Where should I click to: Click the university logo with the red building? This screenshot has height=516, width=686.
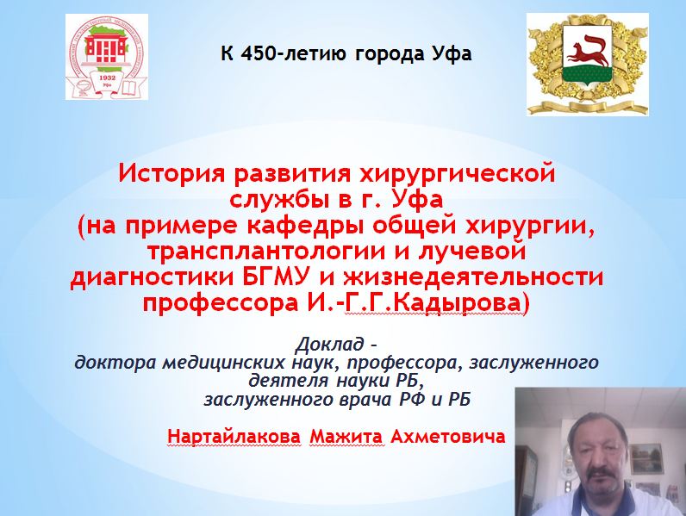click(107, 56)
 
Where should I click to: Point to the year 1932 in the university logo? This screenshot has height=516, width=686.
click(107, 78)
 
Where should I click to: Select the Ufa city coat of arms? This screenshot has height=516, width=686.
click(587, 64)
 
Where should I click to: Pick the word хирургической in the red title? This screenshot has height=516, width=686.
click(457, 175)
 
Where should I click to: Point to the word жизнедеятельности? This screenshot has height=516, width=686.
click(473, 278)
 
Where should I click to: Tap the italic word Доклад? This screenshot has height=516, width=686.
click(330, 345)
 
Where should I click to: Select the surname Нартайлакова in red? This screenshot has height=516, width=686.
click(234, 437)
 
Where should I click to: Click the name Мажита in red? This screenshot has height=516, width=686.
click(346, 437)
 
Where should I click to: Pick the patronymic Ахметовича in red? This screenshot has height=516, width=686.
click(447, 437)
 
